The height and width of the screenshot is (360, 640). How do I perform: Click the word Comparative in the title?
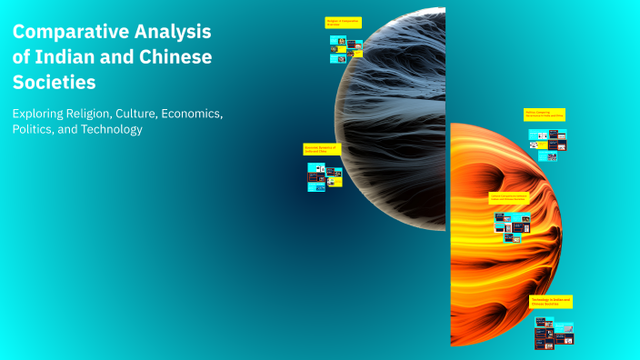[70, 32]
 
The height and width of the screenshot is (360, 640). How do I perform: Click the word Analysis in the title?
[173, 32]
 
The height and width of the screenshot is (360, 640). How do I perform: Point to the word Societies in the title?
[54, 83]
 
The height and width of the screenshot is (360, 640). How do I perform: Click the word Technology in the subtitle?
[113, 130]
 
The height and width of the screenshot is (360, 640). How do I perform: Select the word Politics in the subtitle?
[36, 130]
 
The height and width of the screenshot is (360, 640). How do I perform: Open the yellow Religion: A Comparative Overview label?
[343, 23]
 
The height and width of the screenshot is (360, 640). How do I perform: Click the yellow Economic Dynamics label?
[321, 149]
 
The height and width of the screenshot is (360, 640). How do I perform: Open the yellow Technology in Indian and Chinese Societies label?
[552, 302]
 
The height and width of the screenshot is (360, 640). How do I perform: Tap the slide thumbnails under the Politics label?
[547, 143]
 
